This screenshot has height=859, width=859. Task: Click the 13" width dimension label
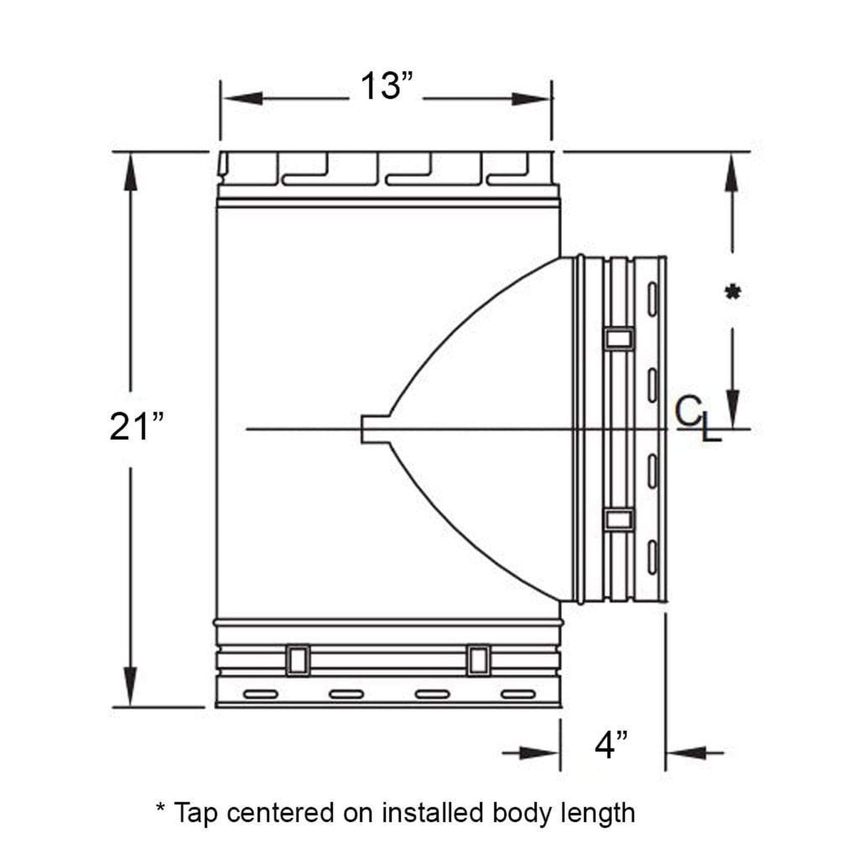pyautogui.click(x=386, y=87)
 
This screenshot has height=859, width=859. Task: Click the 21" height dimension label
pyautogui.click(x=136, y=426)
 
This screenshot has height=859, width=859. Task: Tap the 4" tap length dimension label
pyautogui.click(x=611, y=745)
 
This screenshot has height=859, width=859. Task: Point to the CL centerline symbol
pyautogui.click(x=697, y=420)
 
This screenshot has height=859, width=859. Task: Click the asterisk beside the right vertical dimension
pyautogui.click(x=732, y=293)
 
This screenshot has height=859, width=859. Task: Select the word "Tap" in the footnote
pyautogui.click(x=195, y=812)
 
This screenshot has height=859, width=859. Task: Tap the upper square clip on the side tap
pyautogui.click(x=619, y=339)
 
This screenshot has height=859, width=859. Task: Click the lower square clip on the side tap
pyautogui.click(x=619, y=520)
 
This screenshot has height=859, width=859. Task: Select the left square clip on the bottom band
pyautogui.click(x=297, y=660)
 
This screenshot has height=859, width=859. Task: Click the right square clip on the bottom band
pyautogui.click(x=479, y=660)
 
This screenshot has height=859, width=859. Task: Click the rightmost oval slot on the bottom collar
pyautogui.click(x=518, y=694)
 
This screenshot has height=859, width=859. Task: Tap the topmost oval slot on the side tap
pyautogui.click(x=652, y=294)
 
